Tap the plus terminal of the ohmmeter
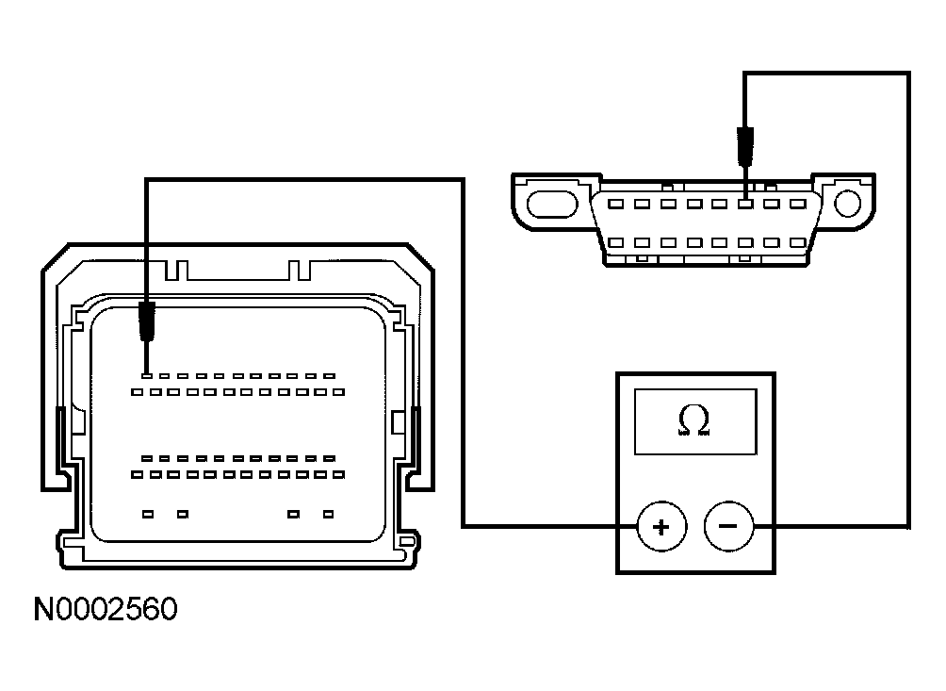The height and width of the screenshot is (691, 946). pyautogui.click(x=661, y=526)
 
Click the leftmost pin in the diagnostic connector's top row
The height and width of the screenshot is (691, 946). pyautogui.click(x=615, y=203)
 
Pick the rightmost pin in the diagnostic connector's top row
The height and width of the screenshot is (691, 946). pyautogui.click(x=800, y=203)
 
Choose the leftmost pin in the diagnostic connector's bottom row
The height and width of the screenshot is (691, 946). pyautogui.click(x=615, y=242)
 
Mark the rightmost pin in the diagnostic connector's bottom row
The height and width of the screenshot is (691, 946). pyautogui.click(x=800, y=242)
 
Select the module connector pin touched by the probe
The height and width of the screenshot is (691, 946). pyautogui.click(x=146, y=376)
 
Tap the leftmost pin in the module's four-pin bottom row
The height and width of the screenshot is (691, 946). pyautogui.click(x=147, y=514)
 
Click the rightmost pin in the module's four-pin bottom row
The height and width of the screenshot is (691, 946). pyautogui.click(x=328, y=514)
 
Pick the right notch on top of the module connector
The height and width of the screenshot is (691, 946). pyautogui.click(x=300, y=271)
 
